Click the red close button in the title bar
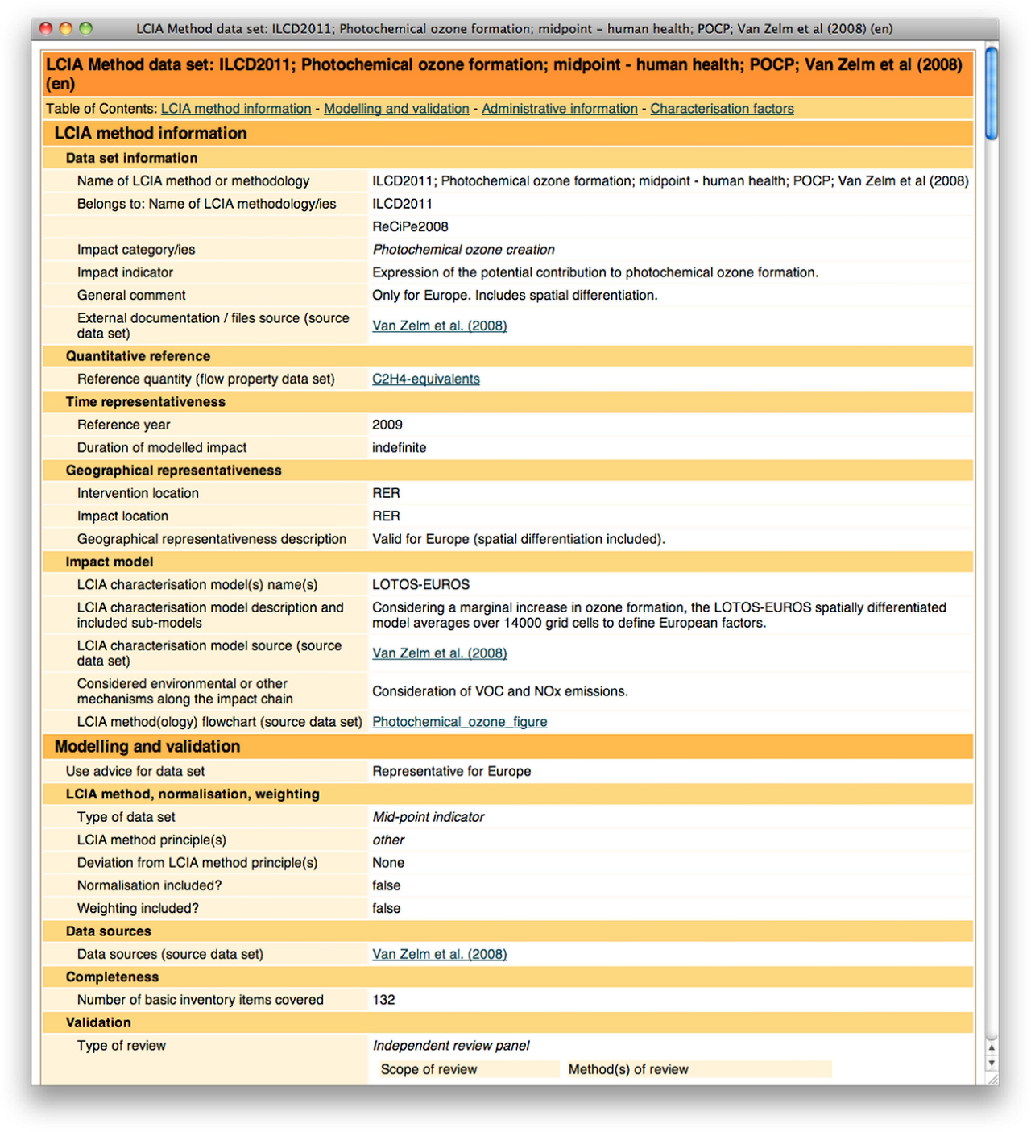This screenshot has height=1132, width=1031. (x=46, y=28)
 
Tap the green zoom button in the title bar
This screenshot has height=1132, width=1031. (x=86, y=28)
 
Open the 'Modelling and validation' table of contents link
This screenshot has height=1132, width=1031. (x=396, y=109)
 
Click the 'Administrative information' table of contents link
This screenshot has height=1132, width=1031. (x=559, y=109)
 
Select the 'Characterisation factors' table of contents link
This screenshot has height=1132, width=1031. (x=722, y=109)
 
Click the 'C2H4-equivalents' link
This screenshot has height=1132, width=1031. (x=425, y=379)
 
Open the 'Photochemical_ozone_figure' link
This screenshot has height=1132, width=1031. (x=459, y=722)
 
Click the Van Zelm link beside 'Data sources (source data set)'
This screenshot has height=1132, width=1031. (x=439, y=955)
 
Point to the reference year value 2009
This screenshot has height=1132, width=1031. (x=387, y=425)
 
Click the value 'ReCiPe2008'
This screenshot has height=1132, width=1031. (x=410, y=227)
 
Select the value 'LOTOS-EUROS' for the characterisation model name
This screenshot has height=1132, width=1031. (x=420, y=585)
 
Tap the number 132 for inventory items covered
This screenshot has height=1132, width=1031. (x=383, y=1000)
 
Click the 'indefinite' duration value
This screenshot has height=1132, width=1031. (x=399, y=448)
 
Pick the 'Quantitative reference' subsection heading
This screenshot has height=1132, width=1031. (x=138, y=356)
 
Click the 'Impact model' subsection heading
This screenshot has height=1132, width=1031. (x=110, y=562)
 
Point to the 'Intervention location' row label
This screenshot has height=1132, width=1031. (x=138, y=493)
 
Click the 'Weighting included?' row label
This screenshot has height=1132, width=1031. (x=138, y=909)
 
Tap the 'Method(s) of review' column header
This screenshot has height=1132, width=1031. (x=628, y=1070)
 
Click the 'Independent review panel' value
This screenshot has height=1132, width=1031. (x=451, y=1046)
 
